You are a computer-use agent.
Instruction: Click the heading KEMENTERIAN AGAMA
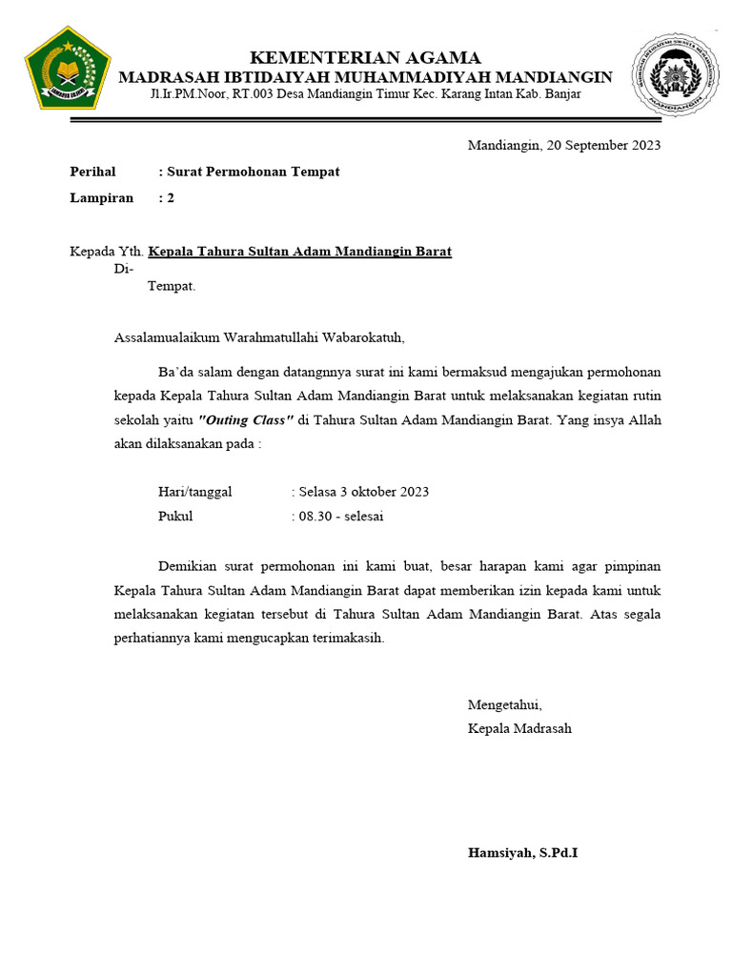click(x=365, y=58)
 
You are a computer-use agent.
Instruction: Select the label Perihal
click(x=92, y=172)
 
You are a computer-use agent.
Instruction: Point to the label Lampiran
click(x=101, y=198)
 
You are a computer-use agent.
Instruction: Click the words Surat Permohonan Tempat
click(x=254, y=172)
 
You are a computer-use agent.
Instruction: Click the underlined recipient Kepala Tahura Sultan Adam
click(x=299, y=252)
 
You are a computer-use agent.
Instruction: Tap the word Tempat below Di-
click(x=171, y=286)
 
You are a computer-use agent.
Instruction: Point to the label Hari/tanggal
click(x=194, y=492)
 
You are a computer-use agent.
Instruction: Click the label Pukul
click(x=175, y=517)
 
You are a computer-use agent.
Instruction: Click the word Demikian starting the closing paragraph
click(x=186, y=565)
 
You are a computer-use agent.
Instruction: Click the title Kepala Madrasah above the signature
click(x=519, y=728)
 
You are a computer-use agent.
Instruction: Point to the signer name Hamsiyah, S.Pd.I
click(x=522, y=852)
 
